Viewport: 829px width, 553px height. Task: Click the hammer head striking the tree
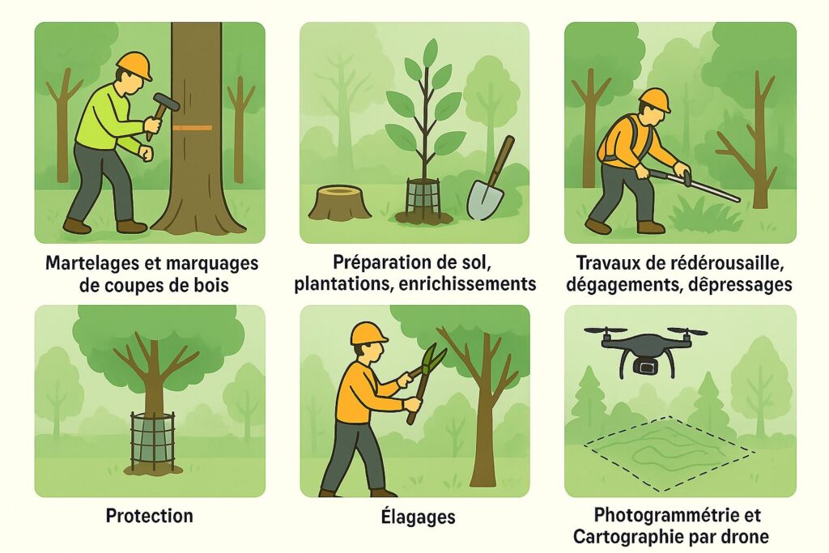click(166, 102)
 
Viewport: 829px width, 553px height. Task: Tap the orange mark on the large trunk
click(193, 128)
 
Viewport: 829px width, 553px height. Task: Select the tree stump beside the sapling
click(339, 202)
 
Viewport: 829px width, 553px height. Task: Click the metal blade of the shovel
click(485, 200)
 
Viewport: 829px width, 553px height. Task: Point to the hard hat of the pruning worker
click(368, 333)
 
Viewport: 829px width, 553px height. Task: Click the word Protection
click(150, 516)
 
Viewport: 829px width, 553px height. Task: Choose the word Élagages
click(419, 516)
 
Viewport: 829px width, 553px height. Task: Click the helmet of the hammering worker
click(134, 66)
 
